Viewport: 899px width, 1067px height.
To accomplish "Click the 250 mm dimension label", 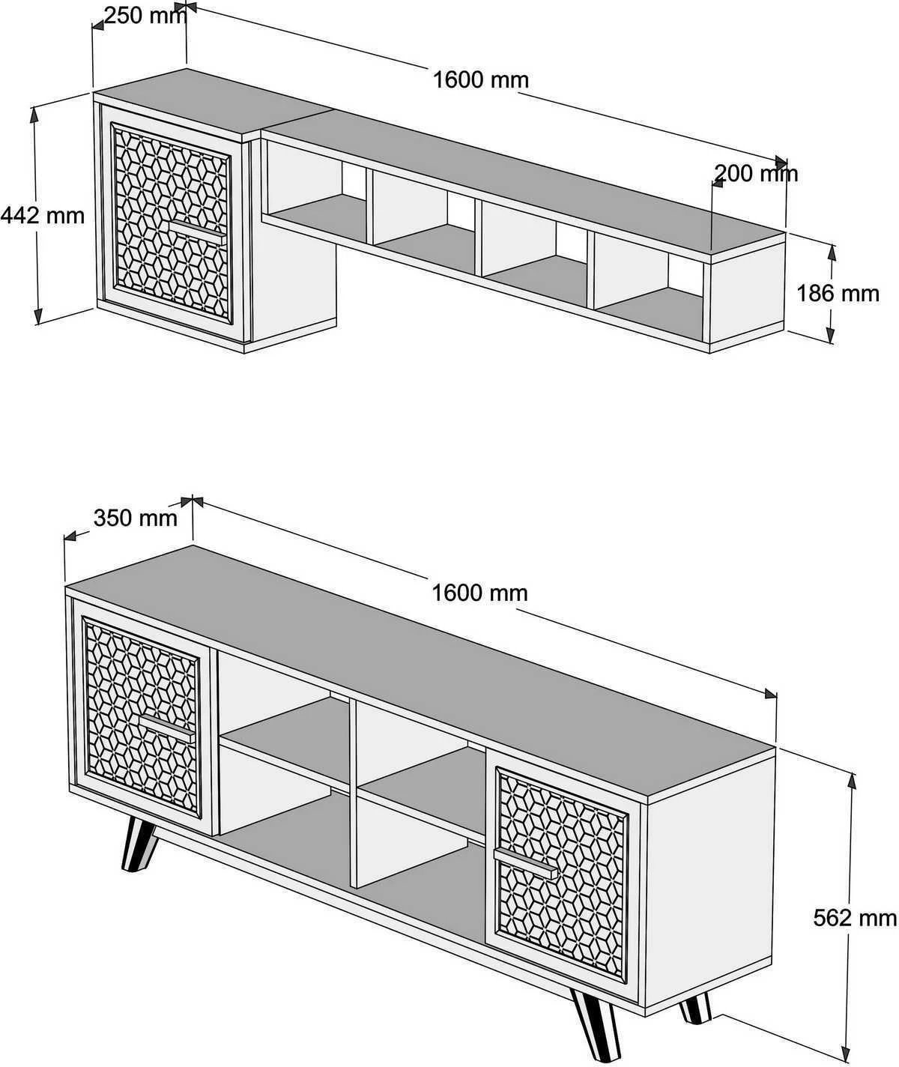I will coord(144,15).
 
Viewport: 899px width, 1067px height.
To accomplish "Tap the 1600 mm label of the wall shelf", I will coord(480,79).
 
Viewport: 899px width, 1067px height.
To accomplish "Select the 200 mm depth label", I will coord(756,174).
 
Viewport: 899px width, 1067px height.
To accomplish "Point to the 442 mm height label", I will coord(43,216).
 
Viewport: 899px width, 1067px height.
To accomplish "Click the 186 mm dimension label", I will coord(838,293).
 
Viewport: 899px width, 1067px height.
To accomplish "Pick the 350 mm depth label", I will coord(136,518).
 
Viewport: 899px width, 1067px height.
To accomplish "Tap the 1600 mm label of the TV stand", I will coord(479,593).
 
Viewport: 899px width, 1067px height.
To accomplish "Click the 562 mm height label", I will coord(855,917).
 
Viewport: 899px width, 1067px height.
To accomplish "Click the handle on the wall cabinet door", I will coord(196,229).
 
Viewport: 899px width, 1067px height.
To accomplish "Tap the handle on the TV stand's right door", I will coord(526,862).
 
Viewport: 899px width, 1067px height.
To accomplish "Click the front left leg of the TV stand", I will coord(139,845).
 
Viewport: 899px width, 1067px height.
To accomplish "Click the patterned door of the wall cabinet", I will coord(172,222).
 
